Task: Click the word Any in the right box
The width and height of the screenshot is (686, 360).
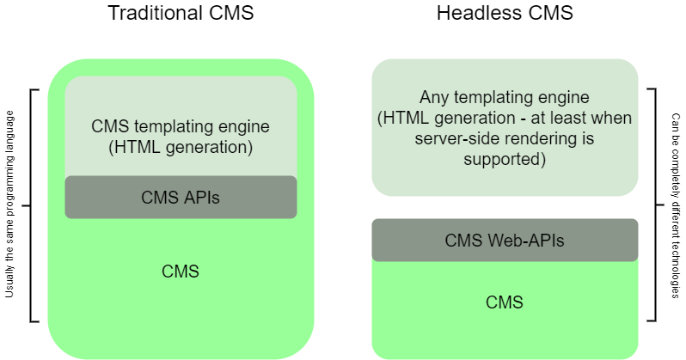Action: (433, 98)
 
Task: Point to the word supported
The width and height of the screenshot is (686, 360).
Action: (505, 159)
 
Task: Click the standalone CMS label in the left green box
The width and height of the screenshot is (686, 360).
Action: (181, 272)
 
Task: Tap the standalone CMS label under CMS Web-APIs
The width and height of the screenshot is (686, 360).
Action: (505, 302)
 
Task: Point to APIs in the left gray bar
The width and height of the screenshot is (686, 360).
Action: (199, 198)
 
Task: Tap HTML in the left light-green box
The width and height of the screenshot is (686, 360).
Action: (132, 147)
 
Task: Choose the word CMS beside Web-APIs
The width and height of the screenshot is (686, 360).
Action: (463, 241)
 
